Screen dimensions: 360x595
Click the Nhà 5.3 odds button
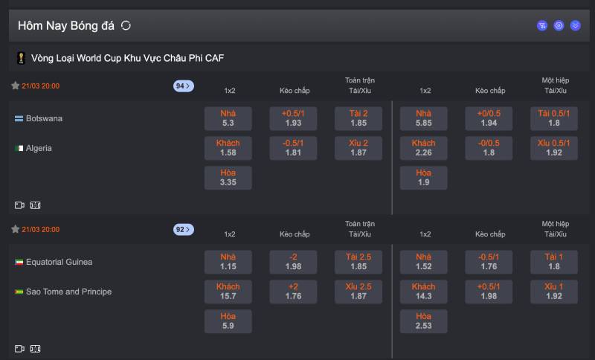pyautogui.click(x=228, y=118)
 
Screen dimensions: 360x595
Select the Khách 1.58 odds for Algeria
pyautogui.click(x=228, y=148)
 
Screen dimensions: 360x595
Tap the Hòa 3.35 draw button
pyautogui.click(x=228, y=178)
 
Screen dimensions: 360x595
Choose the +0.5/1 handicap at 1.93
pyautogui.click(x=293, y=118)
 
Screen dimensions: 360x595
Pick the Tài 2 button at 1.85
pyautogui.click(x=358, y=118)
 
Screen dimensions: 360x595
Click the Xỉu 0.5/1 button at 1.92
pyautogui.click(x=554, y=148)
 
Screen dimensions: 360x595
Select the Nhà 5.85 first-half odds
pyautogui.click(x=423, y=118)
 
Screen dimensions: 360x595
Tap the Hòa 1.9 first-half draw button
pyautogui.click(x=423, y=178)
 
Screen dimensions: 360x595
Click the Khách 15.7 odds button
pyautogui.click(x=228, y=292)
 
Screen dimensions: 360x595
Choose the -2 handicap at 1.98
pyautogui.click(x=293, y=262)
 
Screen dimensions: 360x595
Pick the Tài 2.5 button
pyautogui.click(x=358, y=262)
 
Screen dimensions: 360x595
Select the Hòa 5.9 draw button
pyautogui.click(x=228, y=321)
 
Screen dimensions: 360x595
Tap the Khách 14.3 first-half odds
pyautogui.click(x=423, y=292)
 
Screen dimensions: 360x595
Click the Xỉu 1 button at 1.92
pyautogui.click(x=554, y=292)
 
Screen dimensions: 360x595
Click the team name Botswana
pyautogui.click(x=44, y=118)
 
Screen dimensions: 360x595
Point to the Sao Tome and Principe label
pyautogui.click(x=68, y=292)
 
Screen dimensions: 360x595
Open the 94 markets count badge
pyautogui.click(x=183, y=86)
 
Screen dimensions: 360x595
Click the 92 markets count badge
pyautogui.click(x=183, y=230)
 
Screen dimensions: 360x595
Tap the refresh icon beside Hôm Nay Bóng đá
pyautogui.click(x=126, y=25)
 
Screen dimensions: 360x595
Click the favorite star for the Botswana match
pyautogui.click(x=15, y=86)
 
